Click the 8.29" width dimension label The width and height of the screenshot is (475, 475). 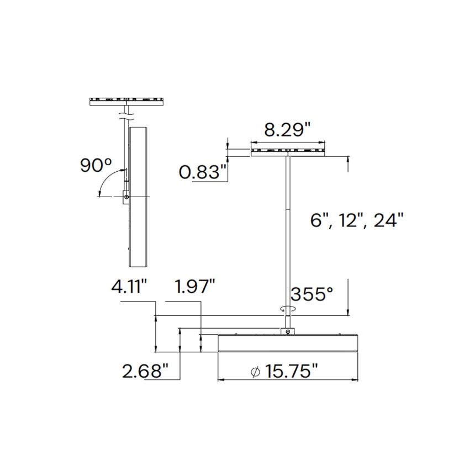287,131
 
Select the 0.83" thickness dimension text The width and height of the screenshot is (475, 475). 203,173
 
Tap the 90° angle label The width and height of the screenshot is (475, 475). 96,165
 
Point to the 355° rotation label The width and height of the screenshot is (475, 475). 312,294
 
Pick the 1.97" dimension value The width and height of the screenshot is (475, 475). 194,288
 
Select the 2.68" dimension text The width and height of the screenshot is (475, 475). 145,371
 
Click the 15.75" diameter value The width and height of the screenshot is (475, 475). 291,371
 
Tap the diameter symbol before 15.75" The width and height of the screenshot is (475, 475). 255,371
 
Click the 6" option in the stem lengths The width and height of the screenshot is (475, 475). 319,220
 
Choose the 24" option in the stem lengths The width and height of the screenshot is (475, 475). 389,220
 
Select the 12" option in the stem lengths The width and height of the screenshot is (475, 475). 351,220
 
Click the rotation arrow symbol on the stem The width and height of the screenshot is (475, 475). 286,310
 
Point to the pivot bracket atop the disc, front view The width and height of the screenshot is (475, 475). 287,331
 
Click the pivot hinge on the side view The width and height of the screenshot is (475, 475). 126,197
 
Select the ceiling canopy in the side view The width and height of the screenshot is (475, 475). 126,101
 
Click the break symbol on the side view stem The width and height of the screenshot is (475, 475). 126,117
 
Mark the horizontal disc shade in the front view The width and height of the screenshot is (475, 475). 287,344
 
